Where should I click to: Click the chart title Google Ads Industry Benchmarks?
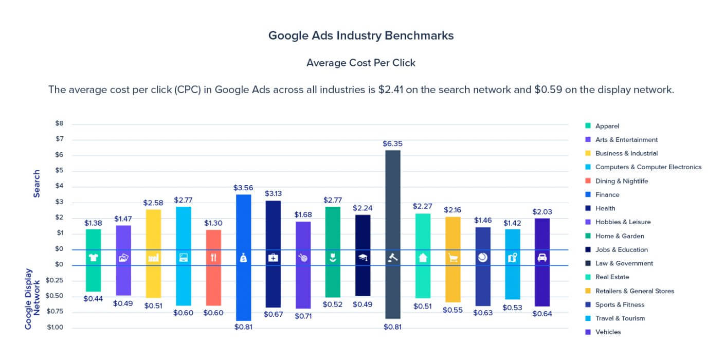(x=361, y=35)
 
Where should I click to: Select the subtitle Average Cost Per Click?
(x=361, y=63)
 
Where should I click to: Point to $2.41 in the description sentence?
(x=392, y=89)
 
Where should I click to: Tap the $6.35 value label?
(x=392, y=144)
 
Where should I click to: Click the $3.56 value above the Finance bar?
(x=243, y=187)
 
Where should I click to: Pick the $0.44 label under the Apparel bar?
(x=93, y=298)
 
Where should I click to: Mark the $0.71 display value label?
(x=303, y=316)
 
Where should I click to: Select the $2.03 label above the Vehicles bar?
(x=542, y=211)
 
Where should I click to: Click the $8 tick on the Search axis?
(x=60, y=123)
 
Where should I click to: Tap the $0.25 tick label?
(x=55, y=280)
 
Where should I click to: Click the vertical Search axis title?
(x=37, y=184)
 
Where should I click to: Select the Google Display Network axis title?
(x=32, y=298)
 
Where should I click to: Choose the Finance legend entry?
(x=607, y=194)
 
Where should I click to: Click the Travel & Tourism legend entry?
(x=620, y=318)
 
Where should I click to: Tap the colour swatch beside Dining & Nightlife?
(x=588, y=181)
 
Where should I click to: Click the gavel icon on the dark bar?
(x=392, y=258)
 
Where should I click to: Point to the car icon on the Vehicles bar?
(x=542, y=258)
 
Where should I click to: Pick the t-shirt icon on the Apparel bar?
(x=93, y=258)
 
